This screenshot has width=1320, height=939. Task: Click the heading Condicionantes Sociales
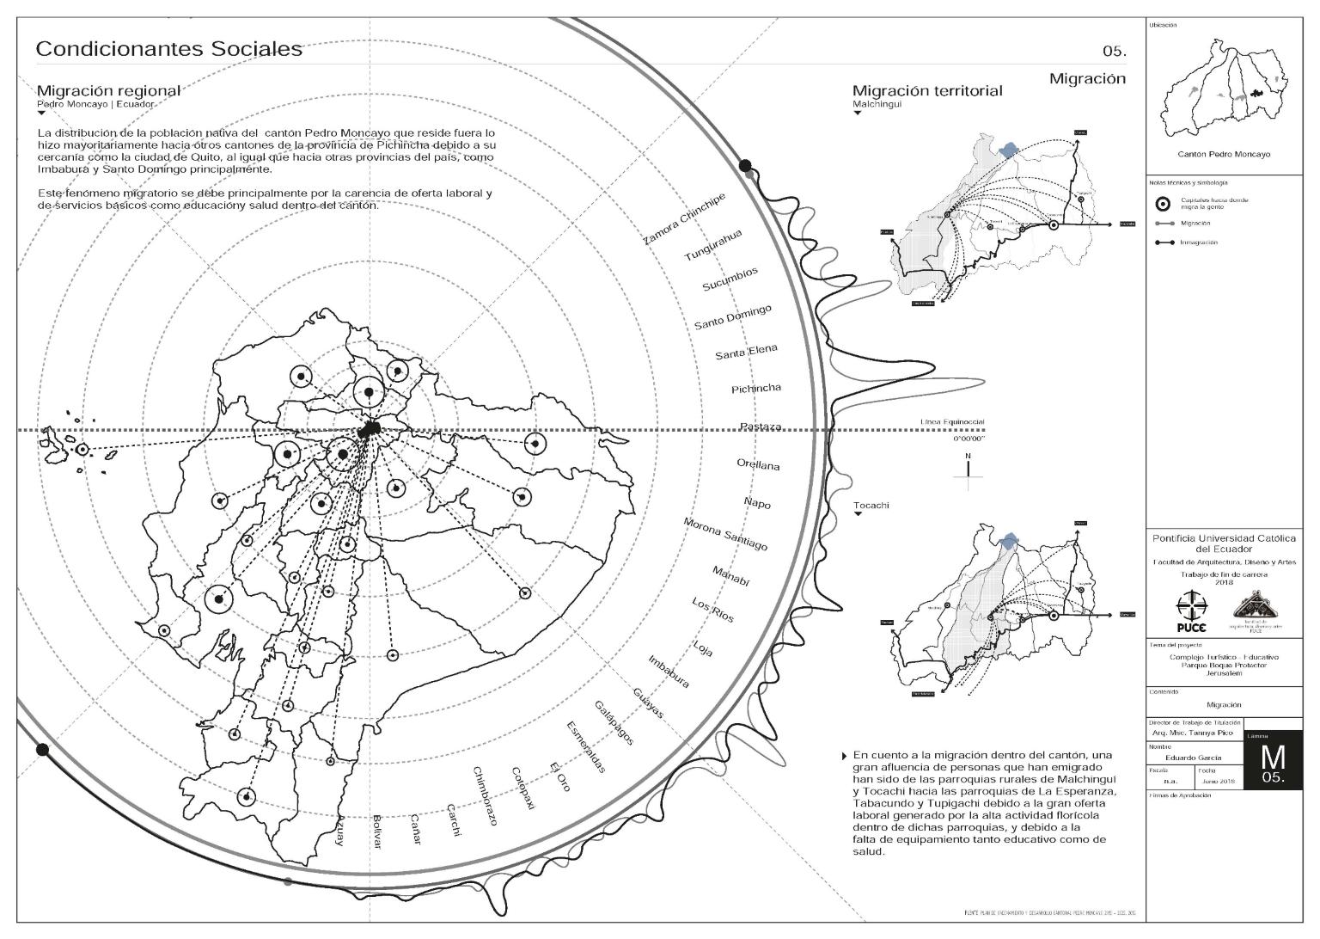[168, 49]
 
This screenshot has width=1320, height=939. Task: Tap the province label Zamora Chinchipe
[684, 219]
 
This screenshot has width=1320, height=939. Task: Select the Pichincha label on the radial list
[756, 389]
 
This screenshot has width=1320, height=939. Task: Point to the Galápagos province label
[614, 722]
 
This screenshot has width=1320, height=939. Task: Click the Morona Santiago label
[725, 534]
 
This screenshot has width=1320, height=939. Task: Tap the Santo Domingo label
[733, 317]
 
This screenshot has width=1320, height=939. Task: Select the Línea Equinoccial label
[952, 422]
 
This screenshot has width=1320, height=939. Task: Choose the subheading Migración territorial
[926, 91]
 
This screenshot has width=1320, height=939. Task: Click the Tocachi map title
[871, 505]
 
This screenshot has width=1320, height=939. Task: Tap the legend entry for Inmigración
[1198, 242]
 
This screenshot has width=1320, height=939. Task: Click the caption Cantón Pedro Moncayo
[1223, 154]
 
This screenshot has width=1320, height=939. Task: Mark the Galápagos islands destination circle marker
[82, 449]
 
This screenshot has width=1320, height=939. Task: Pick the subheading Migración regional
[108, 91]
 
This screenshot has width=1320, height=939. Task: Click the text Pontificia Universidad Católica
[1224, 538]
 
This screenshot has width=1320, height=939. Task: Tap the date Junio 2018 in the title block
[1217, 781]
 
